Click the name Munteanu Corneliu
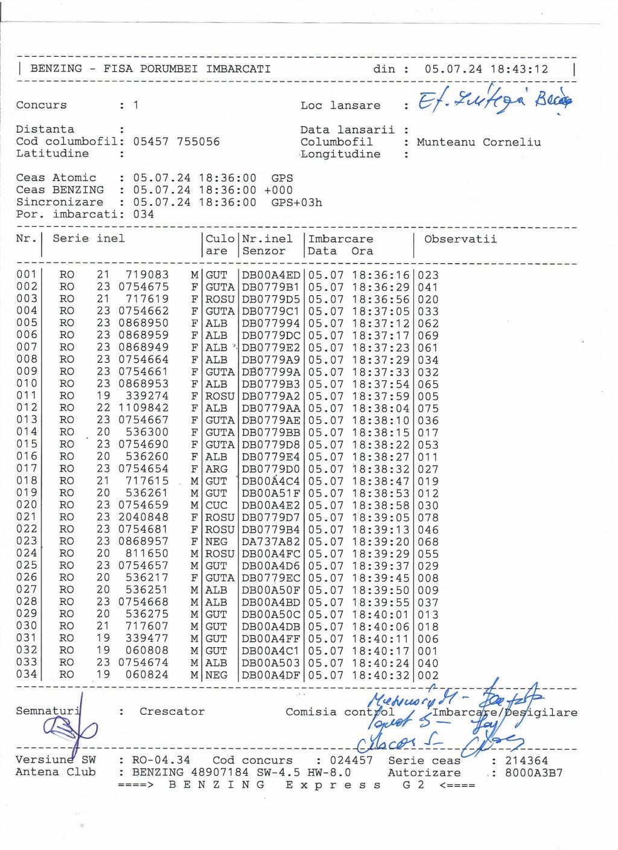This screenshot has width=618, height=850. (479, 142)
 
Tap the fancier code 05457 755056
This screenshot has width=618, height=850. (176, 142)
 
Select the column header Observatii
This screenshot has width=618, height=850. (460, 239)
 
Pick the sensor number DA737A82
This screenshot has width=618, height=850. (270, 542)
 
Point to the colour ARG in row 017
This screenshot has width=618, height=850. (217, 469)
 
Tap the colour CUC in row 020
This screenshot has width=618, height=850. (217, 505)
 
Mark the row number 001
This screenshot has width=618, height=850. (27, 275)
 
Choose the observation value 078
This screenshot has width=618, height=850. (428, 518)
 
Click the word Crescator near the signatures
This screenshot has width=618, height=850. (172, 712)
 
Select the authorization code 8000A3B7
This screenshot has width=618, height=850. (534, 773)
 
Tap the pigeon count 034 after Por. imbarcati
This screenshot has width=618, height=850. (144, 214)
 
